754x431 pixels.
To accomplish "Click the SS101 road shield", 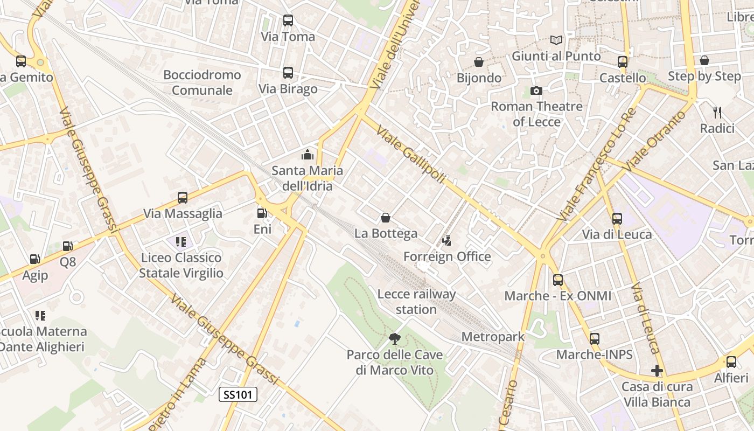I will click(x=238, y=394).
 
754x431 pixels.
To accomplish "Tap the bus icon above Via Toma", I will click(x=288, y=21).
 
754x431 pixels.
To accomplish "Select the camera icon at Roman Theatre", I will click(x=536, y=91).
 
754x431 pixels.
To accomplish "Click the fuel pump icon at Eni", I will click(x=262, y=213).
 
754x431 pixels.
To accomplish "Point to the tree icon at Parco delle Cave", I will click(x=395, y=338).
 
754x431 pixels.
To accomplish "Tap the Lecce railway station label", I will click(x=416, y=302).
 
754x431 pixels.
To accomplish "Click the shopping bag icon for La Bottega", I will click(x=386, y=218).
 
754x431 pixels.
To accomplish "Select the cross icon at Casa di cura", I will click(x=657, y=371).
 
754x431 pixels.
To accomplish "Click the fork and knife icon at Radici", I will click(x=717, y=113).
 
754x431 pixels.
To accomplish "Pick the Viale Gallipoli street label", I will click(x=411, y=154).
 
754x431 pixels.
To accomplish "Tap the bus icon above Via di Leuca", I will click(x=617, y=219).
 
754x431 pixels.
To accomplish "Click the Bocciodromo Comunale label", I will click(x=202, y=82).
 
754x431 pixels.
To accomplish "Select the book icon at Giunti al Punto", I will click(x=556, y=40).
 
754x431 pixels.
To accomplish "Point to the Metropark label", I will click(x=493, y=337).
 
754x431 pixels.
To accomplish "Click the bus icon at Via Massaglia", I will click(x=183, y=198).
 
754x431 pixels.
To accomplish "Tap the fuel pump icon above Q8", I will click(x=68, y=246).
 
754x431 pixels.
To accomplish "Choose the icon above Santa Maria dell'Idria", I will click(x=308, y=155).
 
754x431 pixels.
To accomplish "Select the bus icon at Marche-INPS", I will click(x=595, y=339).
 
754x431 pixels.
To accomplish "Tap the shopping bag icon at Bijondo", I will click(x=479, y=62).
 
